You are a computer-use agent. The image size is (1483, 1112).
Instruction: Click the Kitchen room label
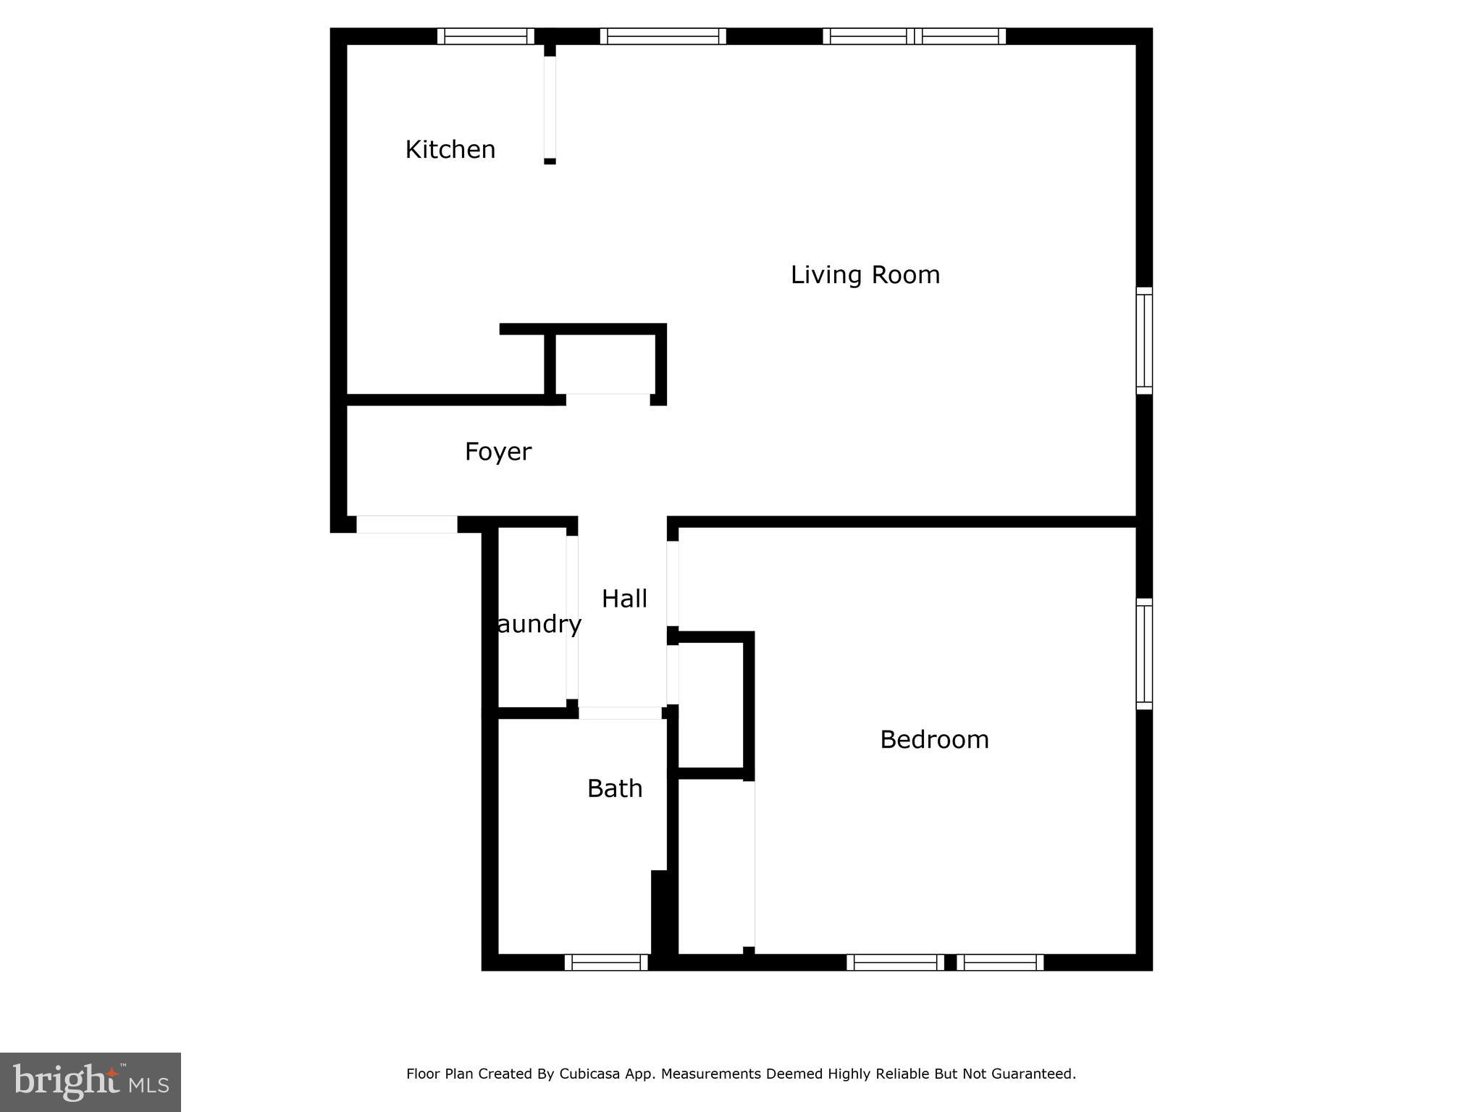tap(450, 149)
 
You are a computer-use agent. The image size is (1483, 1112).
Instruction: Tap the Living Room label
tap(865, 275)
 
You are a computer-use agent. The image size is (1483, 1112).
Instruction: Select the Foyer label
tap(497, 452)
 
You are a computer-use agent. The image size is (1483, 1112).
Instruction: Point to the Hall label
tap(624, 599)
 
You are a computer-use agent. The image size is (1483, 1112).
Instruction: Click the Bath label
tap(615, 788)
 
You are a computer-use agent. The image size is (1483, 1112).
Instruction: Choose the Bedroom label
tap(934, 740)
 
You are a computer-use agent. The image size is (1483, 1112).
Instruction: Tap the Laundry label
tap(539, 624)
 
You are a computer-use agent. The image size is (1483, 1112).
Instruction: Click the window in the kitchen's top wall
tap(485, 36)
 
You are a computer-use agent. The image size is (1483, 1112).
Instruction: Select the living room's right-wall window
tap(1144, 340)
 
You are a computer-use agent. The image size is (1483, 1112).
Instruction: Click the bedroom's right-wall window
tap(1144, 654)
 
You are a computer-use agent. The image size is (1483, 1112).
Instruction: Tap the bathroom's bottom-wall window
tap(606, 962)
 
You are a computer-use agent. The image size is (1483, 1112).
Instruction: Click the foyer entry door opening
tap(406, 524)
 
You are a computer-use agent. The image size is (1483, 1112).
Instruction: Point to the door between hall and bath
tap(620, 713)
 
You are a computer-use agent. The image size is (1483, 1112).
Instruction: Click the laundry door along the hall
tap(572, 617)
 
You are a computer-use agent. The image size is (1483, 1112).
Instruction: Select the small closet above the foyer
tap(603, 364)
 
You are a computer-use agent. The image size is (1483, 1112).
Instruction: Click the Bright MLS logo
tap(91, 1082)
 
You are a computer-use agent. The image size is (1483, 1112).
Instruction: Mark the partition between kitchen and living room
tap(550, 107)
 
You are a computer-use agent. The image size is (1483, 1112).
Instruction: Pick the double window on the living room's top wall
tap(914, 36)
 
